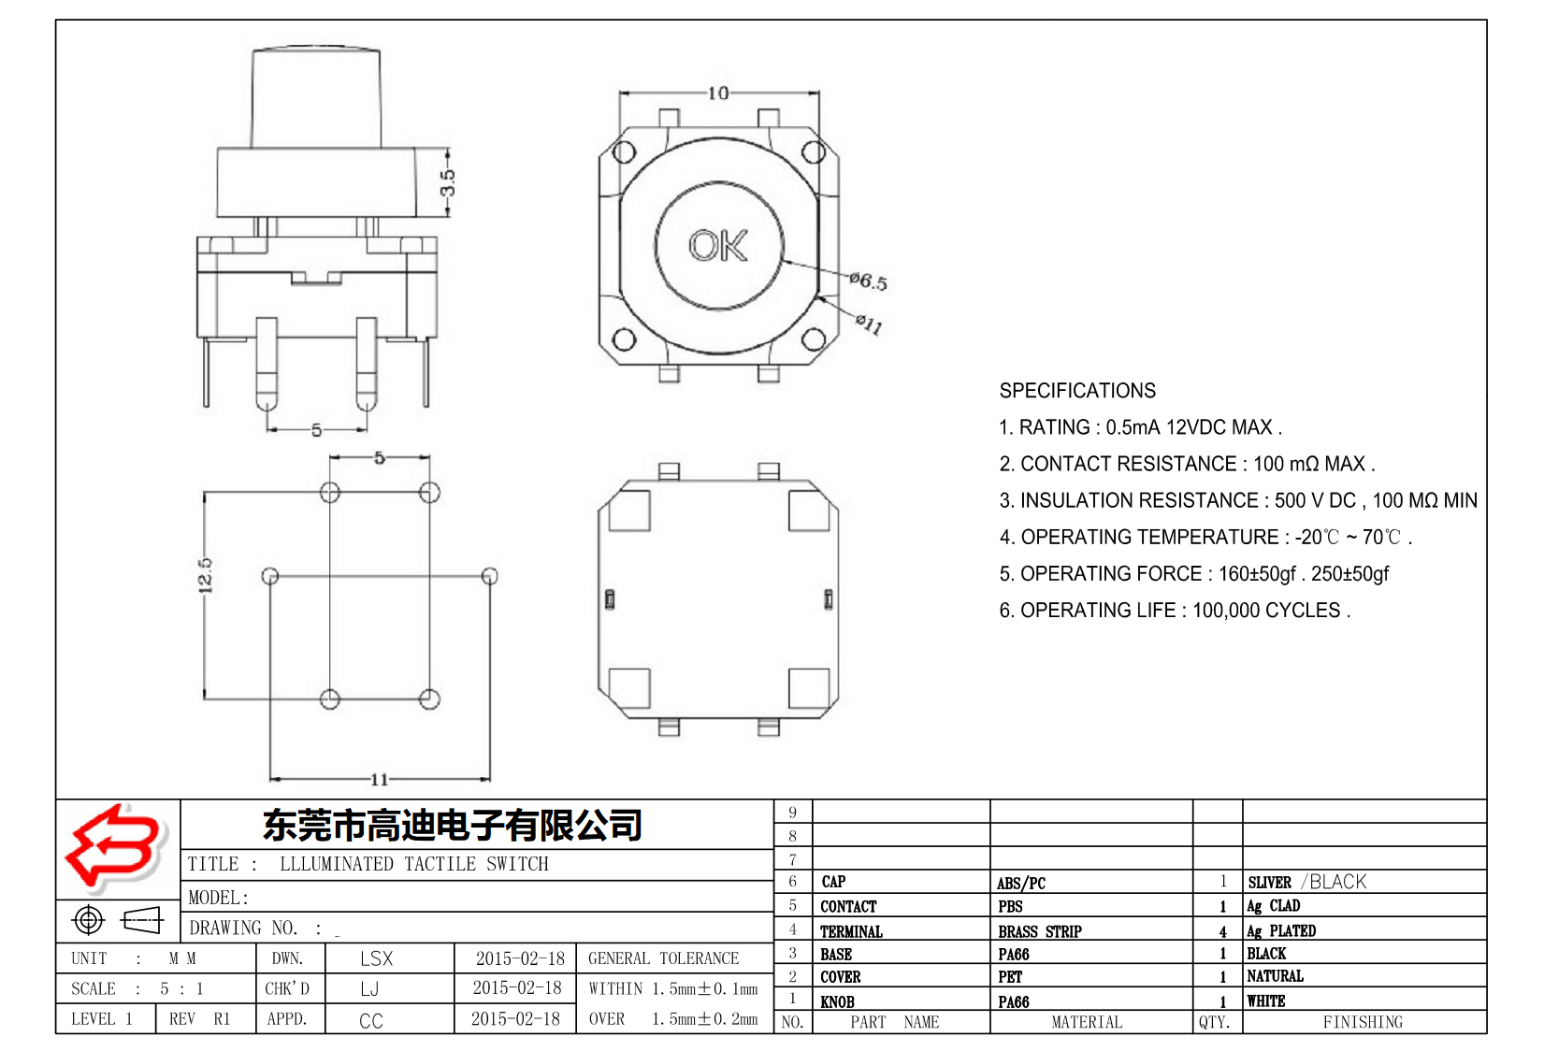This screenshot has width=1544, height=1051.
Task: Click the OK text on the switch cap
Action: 718,245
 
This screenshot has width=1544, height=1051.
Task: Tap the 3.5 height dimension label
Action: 448,183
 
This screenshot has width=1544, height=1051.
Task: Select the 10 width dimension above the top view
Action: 717,94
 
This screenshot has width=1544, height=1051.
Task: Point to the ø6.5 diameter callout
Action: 868,281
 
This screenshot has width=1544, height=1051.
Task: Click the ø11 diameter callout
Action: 869,324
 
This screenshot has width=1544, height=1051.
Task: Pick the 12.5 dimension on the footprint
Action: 206,576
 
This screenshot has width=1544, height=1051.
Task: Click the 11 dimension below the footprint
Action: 379,779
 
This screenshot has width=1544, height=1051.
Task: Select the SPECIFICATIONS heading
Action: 1077,391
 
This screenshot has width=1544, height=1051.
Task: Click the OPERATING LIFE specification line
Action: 1175,611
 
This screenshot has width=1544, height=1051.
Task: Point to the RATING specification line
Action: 1140,427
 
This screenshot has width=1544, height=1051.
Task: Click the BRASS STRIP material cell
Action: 1039,931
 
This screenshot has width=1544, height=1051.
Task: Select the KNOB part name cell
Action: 837,1001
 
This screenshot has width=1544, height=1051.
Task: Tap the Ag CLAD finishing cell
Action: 1273,906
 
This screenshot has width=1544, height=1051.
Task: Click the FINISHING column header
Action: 1362,1022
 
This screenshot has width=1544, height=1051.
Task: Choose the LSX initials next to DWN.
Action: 376,958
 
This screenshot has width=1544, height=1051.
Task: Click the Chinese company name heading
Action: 453,825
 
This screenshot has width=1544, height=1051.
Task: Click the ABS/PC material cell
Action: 1020,883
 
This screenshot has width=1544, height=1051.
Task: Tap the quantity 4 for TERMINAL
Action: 1222,931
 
